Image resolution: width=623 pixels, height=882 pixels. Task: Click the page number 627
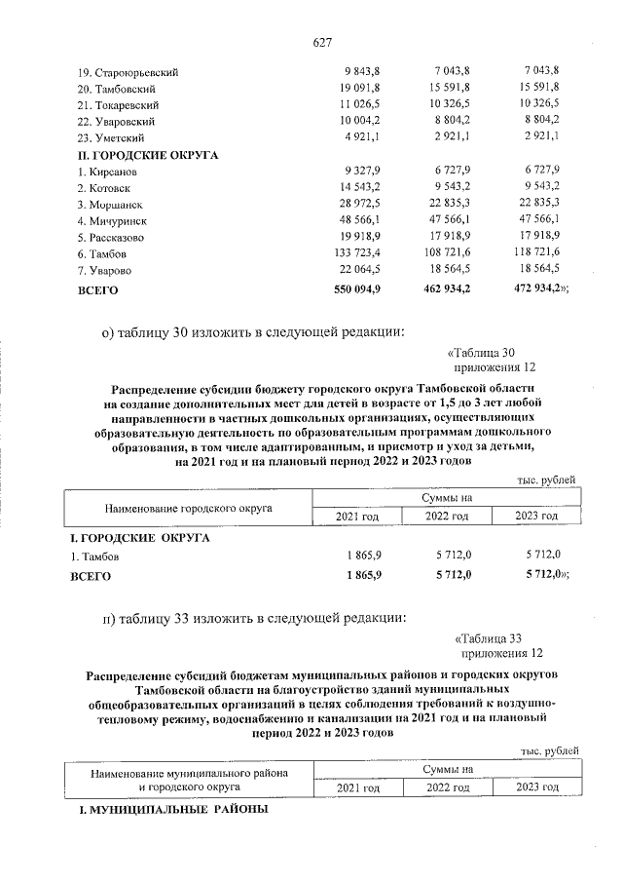point(323,42)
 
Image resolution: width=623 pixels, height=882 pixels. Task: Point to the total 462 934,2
point(449,289)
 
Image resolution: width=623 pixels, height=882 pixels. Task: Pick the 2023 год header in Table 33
point(536,787)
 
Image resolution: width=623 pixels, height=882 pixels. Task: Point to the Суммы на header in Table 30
point(447,498)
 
